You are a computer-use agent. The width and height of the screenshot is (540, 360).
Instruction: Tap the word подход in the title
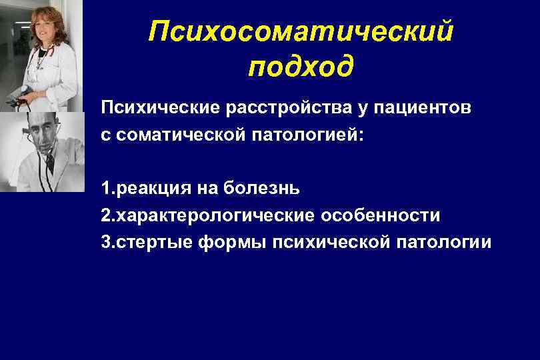(x=301, y=67)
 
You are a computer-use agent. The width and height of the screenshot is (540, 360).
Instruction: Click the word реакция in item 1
(x=153, y=188)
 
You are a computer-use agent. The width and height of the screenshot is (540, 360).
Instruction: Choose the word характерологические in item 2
(x=215, y=215)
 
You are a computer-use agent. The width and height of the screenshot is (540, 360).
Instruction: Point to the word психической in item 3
(x=326, y=242)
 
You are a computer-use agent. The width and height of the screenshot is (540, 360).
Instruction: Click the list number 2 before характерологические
(x=105, y=215)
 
